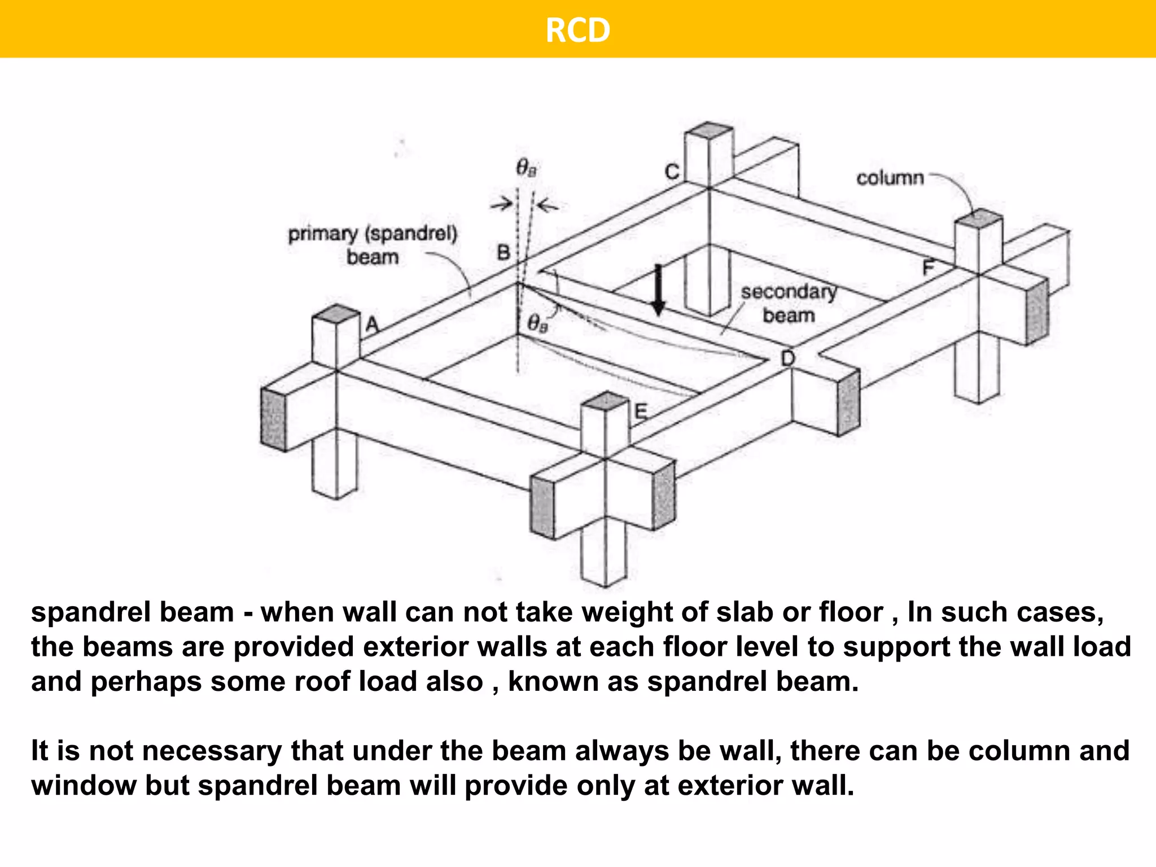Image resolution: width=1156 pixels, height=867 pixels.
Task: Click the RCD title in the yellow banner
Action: (x=577, y=30)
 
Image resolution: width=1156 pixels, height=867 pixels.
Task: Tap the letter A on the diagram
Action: (x=373, y=325)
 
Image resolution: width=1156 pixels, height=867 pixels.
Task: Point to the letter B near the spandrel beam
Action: (x=503, y=252)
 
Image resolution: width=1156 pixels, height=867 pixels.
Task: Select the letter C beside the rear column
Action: (x=672, y=172)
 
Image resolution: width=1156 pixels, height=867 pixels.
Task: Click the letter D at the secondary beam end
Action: (x=788, y=358)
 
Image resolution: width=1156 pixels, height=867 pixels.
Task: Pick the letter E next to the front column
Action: (x=641, y=411)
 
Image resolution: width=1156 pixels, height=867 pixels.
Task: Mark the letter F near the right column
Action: (x=929, y=267)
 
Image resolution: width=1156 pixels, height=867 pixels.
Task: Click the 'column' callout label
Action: (x=890, y=178)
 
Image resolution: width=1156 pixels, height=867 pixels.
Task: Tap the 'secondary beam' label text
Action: (x=789, y=304)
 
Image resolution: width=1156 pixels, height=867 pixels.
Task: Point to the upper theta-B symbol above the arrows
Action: (x=527, y=168)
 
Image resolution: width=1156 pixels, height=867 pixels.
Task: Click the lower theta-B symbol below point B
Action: (x=537, y=323)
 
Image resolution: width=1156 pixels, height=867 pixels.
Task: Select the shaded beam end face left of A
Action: (x=273, y=419)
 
